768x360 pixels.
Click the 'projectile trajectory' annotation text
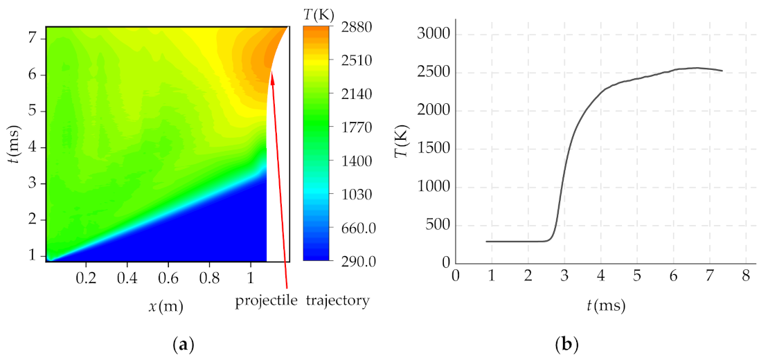[302, 301]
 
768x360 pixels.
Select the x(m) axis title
[166, 305]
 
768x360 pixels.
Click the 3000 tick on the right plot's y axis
[434, 35]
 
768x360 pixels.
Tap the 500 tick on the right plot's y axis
[437, 225]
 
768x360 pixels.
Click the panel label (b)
[566, 343]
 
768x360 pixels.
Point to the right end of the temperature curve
[722, 71]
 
